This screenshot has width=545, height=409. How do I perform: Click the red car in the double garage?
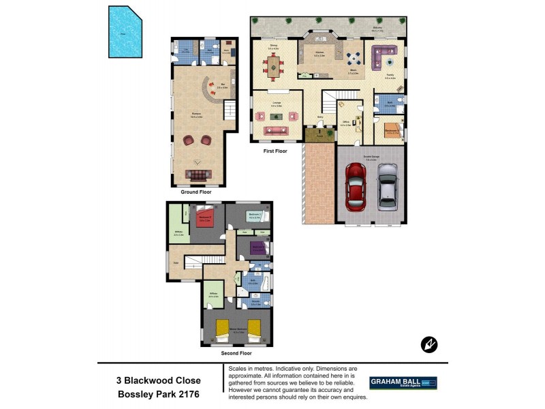(x=356, y=187)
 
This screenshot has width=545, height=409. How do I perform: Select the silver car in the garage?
(x=387, y=187)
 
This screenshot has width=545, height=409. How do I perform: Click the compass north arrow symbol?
(x=430, y=345)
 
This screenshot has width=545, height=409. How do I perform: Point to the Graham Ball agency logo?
(x=403, y=383)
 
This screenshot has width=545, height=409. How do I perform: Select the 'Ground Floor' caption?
(x=196, y=192)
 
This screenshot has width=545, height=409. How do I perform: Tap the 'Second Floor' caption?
(x=236, y=353)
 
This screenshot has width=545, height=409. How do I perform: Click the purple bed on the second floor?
(x=258, y=247)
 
